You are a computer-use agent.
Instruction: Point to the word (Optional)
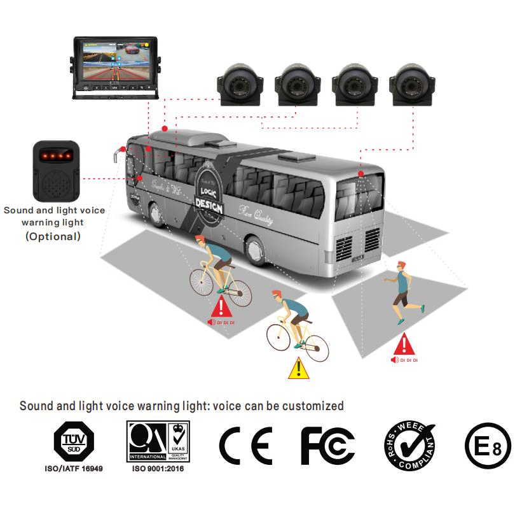click(x=53, y=236)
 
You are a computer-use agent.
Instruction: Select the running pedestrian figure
click(x=402, y=292)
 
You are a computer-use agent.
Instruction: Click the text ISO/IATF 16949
click(x=73, y=468)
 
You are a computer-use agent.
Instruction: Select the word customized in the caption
click(x=313, y=406)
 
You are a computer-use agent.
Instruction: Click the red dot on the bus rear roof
click(x=361, y=173)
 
